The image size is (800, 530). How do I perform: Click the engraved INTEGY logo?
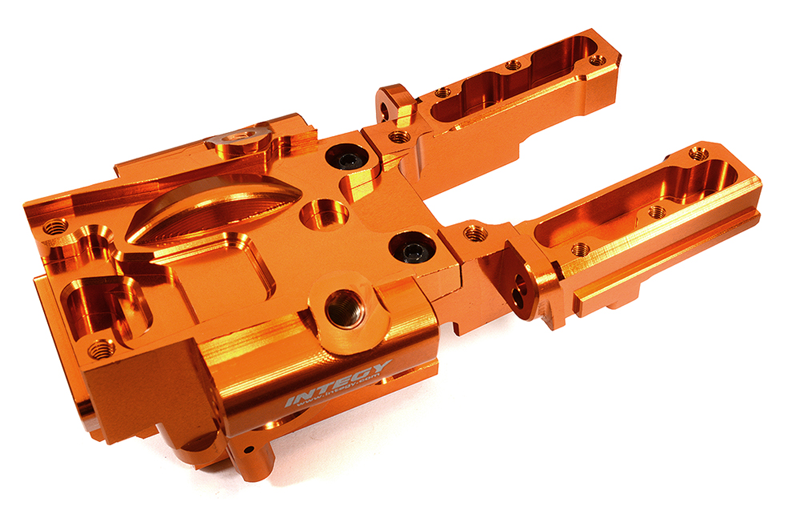[x=339, y=383]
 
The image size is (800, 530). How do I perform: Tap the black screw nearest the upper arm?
[x=350, y=160]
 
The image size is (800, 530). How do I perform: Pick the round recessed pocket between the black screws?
[x=324, y=214]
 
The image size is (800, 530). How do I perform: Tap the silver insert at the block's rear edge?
[x=238, y=142]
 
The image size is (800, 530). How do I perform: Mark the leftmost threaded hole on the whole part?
[x=55, y=227]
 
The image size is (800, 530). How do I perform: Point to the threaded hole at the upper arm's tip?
[x=597, y=59]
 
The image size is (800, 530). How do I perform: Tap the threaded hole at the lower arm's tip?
[x=698, y=153]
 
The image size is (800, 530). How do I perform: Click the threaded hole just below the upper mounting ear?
[x=398, y=137]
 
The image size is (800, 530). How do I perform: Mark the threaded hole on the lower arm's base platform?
[x=474, y=233]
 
